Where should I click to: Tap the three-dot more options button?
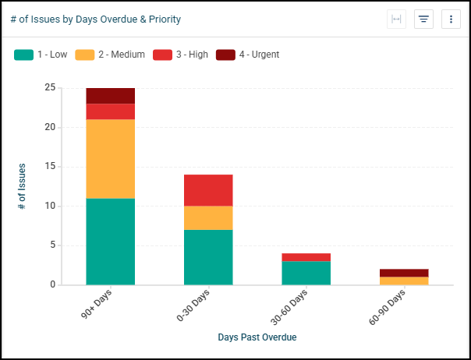451,19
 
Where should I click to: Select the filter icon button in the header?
423,19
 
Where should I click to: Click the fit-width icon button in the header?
396,19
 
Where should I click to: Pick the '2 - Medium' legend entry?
106,55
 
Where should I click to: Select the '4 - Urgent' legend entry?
246,55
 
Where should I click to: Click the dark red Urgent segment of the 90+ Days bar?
110,96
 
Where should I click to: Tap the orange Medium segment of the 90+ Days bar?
110,159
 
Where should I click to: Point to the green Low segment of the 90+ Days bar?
110,242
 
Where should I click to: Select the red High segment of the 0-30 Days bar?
208,190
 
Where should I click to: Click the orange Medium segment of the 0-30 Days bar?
208,218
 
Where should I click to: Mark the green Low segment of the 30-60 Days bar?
306,273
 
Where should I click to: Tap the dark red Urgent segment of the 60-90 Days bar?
404,273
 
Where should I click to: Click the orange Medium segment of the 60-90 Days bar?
404,281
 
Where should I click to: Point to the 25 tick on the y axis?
50,88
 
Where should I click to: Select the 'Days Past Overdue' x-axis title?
257,337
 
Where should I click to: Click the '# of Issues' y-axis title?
22,186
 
